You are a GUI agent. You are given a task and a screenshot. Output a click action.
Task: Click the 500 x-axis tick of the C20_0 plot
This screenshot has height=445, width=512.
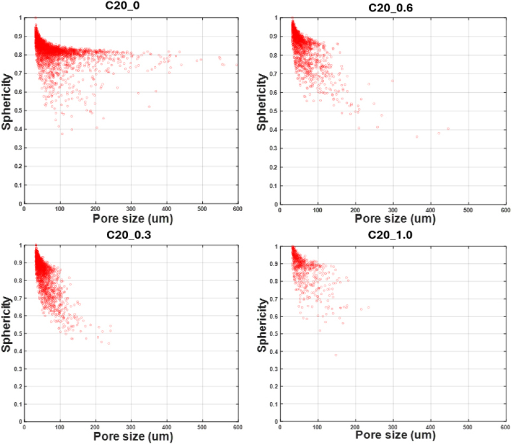click(x=202, y=209)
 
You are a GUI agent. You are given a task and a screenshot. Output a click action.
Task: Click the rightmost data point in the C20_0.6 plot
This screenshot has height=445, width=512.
click(x=448, y=128)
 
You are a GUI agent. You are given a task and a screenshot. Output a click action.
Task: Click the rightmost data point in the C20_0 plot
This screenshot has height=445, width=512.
click(x=237, y=65)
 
